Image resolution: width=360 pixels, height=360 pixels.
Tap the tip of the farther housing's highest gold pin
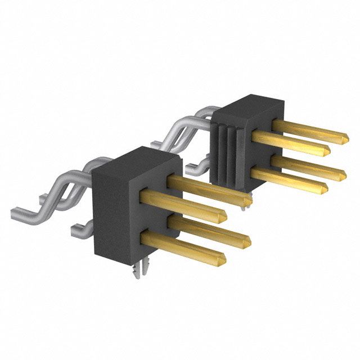pos(344,137)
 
